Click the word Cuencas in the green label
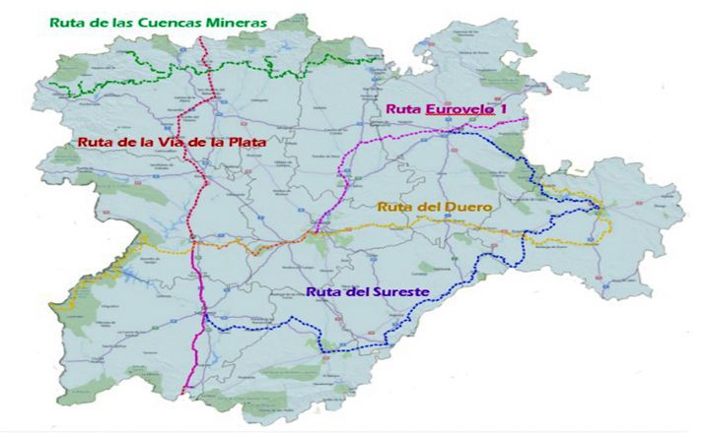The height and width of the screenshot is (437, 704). pyautogui.click(x=174, y=20)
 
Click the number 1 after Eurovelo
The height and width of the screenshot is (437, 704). pyautogui.click(x=503, y=108)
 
